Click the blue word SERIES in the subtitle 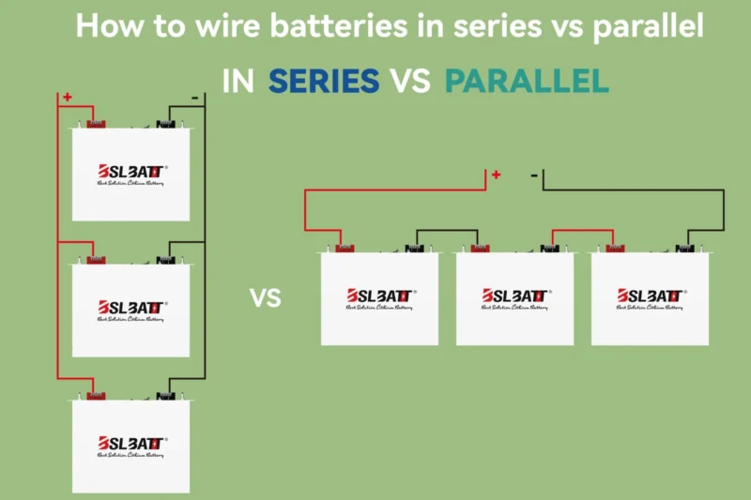[323, 82]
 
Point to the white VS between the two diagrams [266, 298]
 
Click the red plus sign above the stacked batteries [67, 97]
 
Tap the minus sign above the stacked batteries [193, 97]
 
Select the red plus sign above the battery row [496, 174]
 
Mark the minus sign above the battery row [533, 174]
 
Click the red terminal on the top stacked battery [97, 123]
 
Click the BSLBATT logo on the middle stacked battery [131, 307]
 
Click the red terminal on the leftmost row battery [345, 249]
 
